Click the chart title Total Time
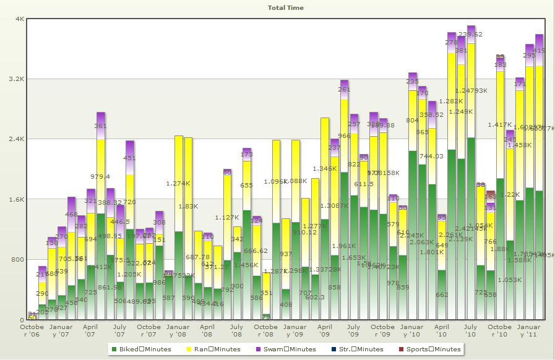tap(285, 8)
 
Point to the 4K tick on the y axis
tap(19, 19)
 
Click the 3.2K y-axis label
tap(15, 79)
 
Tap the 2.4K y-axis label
tap(15, 139)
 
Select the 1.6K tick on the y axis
tap(15, 200)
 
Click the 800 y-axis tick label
tap(17, 260)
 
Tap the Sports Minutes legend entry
tap(429, 349)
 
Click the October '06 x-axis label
tap(32, 330)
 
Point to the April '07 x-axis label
tap(90, 330)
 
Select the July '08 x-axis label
tap(236, 330)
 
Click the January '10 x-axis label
tap(411, 330)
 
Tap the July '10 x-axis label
tap(470, 330)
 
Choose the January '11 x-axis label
tap(528, 330)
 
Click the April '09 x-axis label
tap(324, 330)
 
